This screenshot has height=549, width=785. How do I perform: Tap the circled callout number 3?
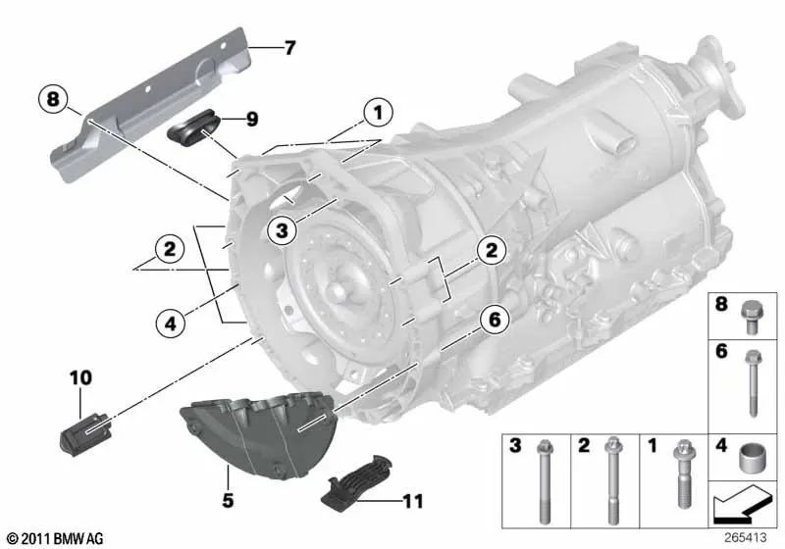pos(282,230)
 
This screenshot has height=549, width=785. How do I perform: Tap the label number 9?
pos(252,120)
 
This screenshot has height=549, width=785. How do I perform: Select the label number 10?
pos(78,376)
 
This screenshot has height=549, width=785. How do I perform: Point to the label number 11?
pos(413,501)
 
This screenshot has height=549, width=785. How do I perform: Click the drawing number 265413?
pos(747,538)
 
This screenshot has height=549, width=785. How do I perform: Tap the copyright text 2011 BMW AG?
pos(54,538)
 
